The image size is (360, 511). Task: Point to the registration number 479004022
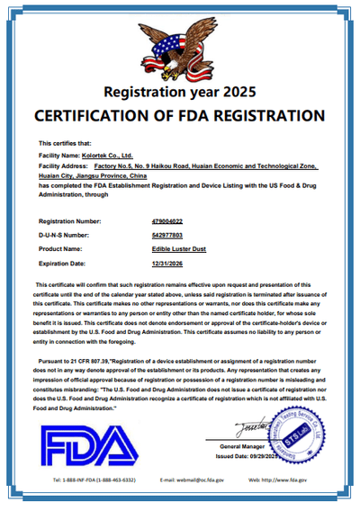tap(167, 220)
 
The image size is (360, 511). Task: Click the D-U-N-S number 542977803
tap(167, 234)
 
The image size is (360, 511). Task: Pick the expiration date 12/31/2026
tap(167, 263)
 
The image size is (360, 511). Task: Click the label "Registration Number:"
tap(70, 220)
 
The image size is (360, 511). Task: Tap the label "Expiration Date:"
tap(63, 263)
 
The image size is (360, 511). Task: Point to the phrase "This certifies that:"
tap(65, 143)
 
